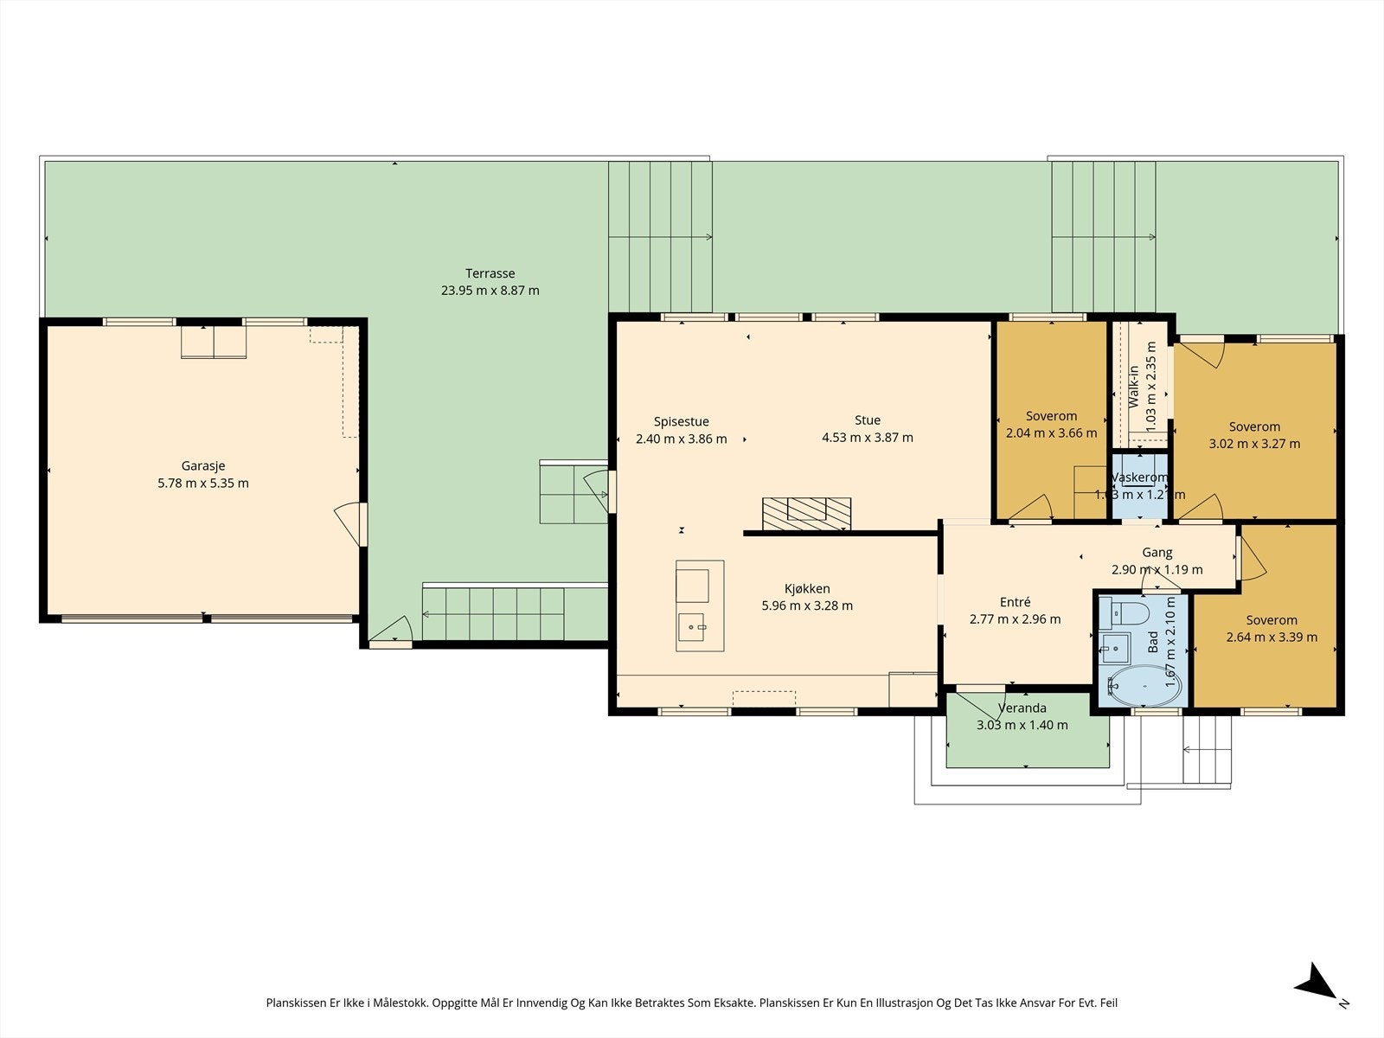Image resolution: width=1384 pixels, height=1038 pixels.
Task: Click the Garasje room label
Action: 203,465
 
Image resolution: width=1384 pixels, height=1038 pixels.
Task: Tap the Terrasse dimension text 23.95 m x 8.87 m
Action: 490,291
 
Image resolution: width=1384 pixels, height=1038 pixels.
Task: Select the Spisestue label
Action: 681,421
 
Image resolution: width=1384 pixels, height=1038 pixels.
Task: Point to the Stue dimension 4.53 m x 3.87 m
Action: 867,438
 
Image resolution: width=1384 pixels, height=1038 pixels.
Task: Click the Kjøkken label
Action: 807,589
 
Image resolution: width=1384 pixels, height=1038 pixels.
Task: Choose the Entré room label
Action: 1015,602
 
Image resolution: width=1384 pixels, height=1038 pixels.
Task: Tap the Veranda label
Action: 1022,708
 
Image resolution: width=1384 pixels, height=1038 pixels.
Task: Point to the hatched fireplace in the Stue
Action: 806,514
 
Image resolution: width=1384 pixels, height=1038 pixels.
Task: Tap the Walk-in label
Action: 1133,387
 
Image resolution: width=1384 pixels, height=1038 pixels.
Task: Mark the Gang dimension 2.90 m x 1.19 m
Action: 1157,570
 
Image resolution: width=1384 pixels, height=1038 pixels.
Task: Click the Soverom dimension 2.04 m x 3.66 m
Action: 1051,433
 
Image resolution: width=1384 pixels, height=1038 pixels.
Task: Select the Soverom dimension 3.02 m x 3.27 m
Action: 1254,444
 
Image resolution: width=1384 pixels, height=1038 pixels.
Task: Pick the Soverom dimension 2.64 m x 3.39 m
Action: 1272,638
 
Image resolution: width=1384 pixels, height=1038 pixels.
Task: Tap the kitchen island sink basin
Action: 691,627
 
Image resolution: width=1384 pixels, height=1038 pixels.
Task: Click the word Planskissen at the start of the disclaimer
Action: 297,1003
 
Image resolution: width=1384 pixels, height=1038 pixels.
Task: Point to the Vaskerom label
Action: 1139,477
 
